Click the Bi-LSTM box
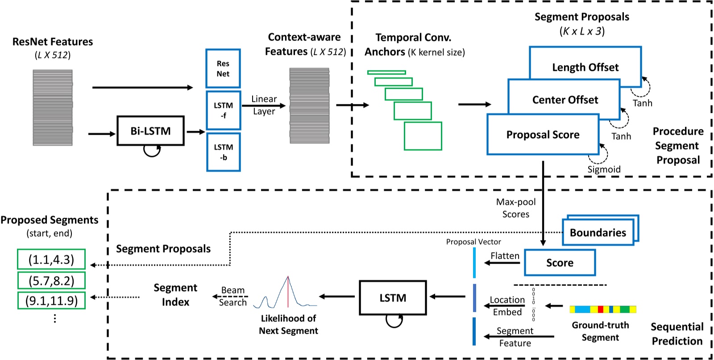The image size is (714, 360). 150,131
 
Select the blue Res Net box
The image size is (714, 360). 223,68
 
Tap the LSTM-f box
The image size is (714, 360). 223,110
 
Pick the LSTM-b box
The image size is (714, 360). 223,152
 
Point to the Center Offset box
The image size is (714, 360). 565,99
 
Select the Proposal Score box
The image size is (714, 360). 543,135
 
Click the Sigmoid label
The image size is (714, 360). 603,170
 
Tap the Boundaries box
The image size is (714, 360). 598,232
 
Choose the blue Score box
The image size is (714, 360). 560,263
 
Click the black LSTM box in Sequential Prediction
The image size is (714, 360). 393,298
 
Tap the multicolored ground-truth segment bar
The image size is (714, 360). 602,309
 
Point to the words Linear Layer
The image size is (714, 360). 264,105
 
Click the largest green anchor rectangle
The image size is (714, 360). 423,136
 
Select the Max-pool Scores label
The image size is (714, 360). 516,208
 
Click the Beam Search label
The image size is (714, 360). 232,296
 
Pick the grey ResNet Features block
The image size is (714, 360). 53,108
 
